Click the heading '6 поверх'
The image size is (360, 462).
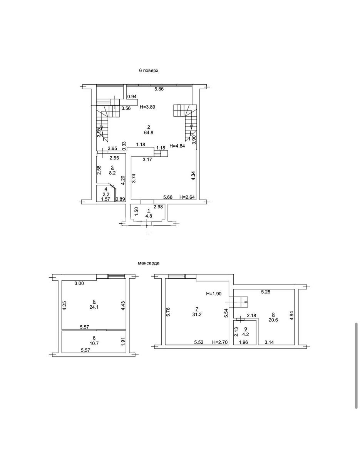point(149,70)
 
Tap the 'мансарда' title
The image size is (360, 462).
point(149,263)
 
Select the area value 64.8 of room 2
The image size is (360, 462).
point(148,132)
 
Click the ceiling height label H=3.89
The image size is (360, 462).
point(147,107)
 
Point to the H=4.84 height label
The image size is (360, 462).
point(177,146)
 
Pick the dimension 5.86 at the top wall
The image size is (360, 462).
point(159,89)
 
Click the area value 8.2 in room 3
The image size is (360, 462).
point(112,173)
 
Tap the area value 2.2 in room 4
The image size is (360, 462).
point(105,194)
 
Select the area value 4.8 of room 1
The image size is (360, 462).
point(149,216)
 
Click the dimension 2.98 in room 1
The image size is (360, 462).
point(158,206)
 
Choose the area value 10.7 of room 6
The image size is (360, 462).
point(94,343)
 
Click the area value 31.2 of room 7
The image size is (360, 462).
point(197,315)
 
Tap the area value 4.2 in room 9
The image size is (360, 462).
point(246,334)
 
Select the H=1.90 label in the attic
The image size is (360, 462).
point(214,294)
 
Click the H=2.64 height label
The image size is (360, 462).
point(187,197)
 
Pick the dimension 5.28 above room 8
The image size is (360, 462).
point(266,292)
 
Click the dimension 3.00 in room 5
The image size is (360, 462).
point(79,283)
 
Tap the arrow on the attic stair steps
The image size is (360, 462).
point(236,302)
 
